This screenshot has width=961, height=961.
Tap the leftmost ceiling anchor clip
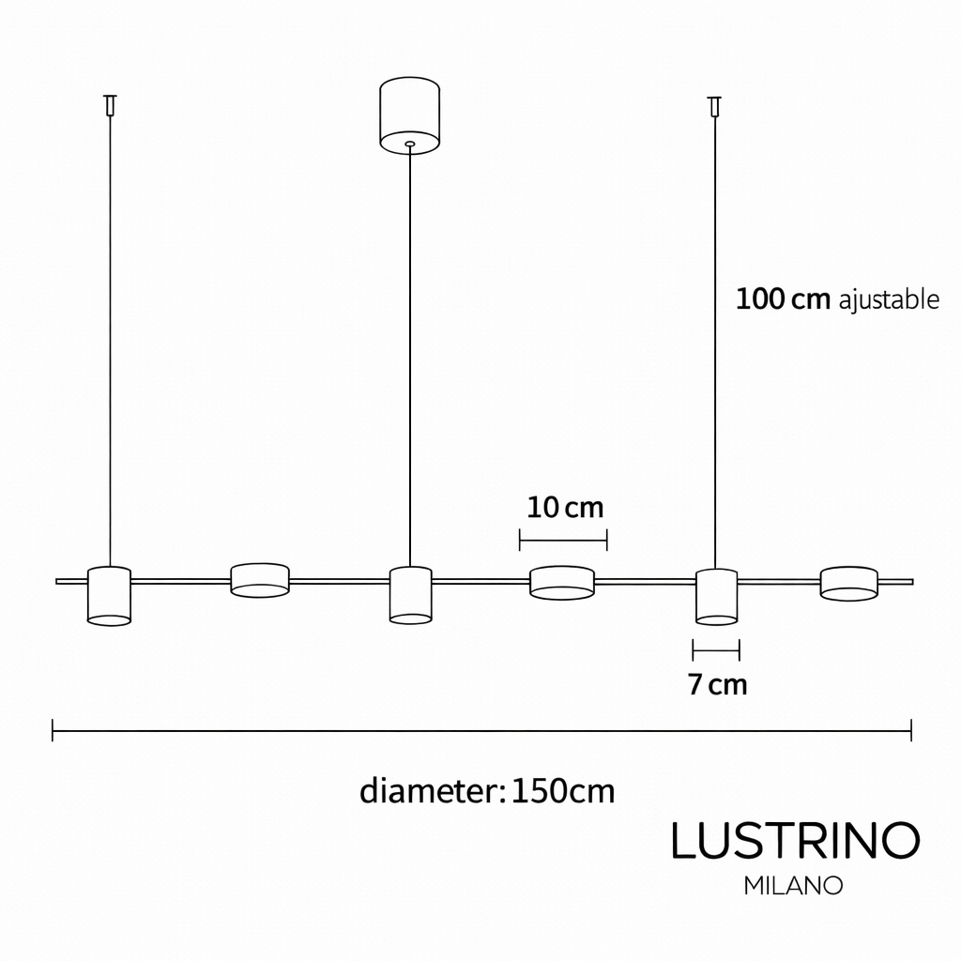click(x=111, y=104)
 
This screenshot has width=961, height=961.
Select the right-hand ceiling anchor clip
click(x=715, y=104)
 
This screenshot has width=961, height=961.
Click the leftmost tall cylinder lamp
click(x=109, y=596)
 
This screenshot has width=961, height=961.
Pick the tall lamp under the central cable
click(x=410, y=594)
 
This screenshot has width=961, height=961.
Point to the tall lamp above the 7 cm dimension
click(x=716, y=596)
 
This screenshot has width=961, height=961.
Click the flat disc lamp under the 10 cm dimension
click(x=562, y=582)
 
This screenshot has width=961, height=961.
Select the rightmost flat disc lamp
click(x=849, y=583)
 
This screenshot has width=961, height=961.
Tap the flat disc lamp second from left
click(x=260, y=580)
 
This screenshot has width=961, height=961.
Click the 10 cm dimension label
click(x=564, y=508)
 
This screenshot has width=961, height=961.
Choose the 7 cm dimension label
click(x=717, y=685)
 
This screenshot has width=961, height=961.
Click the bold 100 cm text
click(x=783, y=299)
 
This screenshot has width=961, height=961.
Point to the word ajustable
click(x=888, y=300)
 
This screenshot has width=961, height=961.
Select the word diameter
click(x=426, y=791)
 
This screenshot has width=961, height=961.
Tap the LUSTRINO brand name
click(x=794, y=841)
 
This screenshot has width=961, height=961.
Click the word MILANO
click(x=793, y=885)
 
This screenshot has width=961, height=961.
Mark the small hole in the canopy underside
click(x=409, y=145)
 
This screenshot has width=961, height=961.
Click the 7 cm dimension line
click(x=716, y=648)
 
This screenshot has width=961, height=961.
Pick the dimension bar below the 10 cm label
click(x=563, y=540)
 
